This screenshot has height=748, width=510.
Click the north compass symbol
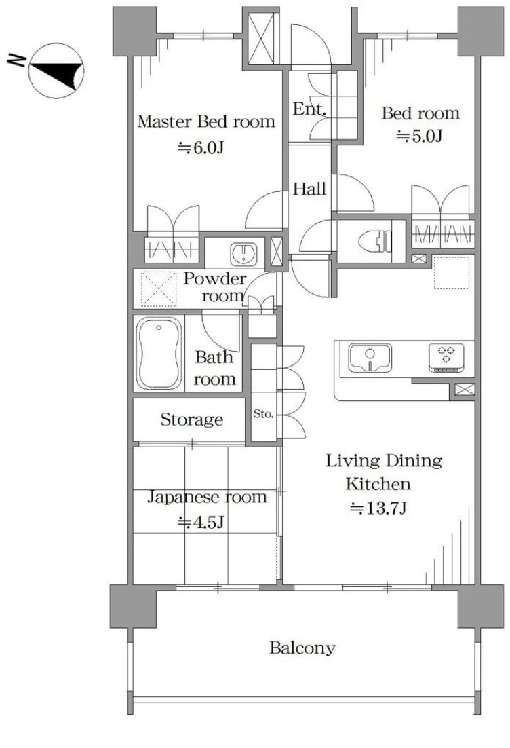tap(56, 71)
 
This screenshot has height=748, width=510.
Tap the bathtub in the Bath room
tap(159, 354)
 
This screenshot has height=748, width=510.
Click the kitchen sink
tap(370, 358)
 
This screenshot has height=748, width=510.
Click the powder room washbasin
tap(244, 255)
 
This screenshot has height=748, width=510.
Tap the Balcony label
tap(302, 648)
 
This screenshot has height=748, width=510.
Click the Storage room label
tap(192, 419)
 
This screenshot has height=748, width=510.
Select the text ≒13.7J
tap(378, 508)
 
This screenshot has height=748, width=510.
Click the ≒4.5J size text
tap(201, 523)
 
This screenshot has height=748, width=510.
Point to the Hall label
tap(309, 189)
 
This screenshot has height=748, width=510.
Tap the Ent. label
tap(309, 109)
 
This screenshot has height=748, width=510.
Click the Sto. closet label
tap(264, 414)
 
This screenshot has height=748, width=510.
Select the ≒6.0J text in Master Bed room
tap(201, 147)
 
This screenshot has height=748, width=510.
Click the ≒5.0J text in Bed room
tap(420, 136)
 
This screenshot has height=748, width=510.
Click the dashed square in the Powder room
tap(159, 289)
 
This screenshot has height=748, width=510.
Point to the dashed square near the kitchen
tap(452, 272)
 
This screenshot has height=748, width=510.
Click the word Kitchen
tap(378, 484)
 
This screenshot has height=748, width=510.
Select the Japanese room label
tap(206, 497)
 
